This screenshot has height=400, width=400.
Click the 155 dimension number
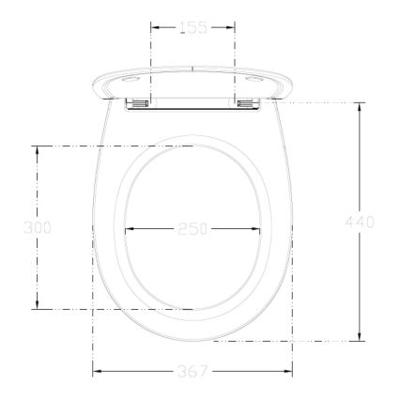[192, 28]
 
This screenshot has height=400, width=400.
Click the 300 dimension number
[37, 227]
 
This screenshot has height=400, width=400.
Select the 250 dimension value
[192, 228]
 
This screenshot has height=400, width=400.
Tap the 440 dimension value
[361, 222]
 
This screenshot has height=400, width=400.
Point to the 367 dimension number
[192, 372]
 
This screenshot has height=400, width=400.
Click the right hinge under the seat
[249, 102]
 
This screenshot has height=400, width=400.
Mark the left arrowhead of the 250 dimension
[128, 228]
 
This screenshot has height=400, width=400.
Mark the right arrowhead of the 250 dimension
[258, 228]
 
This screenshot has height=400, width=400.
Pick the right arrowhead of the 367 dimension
[290, 372]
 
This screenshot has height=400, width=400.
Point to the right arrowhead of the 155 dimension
[232, 28]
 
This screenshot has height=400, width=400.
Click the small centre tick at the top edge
[192, 68]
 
